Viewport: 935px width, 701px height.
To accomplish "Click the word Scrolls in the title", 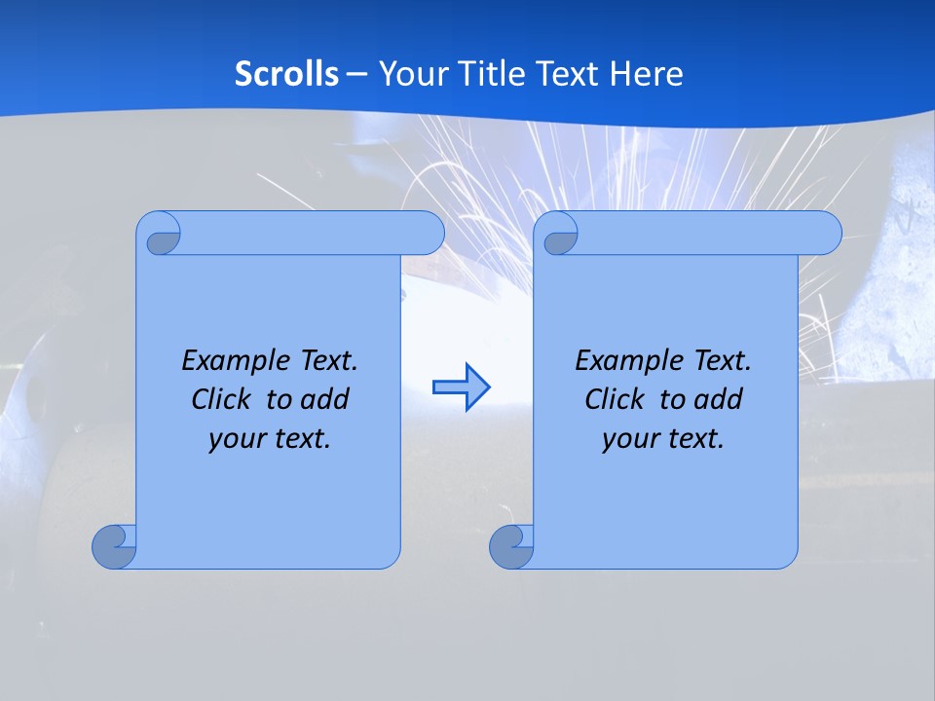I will click(x=286, y=73).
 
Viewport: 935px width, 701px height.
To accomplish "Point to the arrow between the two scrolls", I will click(x=461, y=387).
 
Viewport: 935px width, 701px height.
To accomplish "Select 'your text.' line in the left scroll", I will click(x=270, y=438).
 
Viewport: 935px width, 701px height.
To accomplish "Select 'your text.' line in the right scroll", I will click(x=663, y=438).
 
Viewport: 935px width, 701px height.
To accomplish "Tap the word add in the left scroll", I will click(x=326, y=399).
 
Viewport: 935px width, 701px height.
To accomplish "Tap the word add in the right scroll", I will click(x=720, y=399).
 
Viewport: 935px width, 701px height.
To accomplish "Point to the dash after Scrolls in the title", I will click(x=357, y=73).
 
